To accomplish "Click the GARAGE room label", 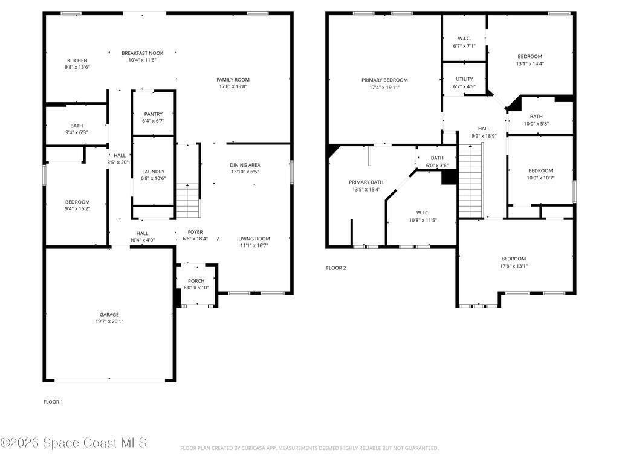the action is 109,314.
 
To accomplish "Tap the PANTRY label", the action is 153,114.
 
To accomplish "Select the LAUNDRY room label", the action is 153,172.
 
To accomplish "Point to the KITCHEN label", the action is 77,60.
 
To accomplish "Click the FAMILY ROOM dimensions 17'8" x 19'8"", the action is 233,86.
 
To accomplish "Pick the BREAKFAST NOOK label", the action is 143,53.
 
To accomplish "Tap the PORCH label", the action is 196,281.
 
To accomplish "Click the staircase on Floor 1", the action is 188,201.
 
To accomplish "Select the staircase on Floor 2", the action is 471,180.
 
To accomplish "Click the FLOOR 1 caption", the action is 53,402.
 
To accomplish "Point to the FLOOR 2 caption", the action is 336,268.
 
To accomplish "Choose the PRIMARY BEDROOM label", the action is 384,80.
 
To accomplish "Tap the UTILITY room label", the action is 464,79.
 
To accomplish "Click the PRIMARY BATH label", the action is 366,182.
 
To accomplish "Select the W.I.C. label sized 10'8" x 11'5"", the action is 423,213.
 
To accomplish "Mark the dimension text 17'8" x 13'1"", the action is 514,266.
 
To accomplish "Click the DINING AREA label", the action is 245,165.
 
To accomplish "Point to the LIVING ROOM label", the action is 254,239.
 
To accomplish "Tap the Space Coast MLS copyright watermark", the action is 74,443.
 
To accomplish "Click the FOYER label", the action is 195,232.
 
